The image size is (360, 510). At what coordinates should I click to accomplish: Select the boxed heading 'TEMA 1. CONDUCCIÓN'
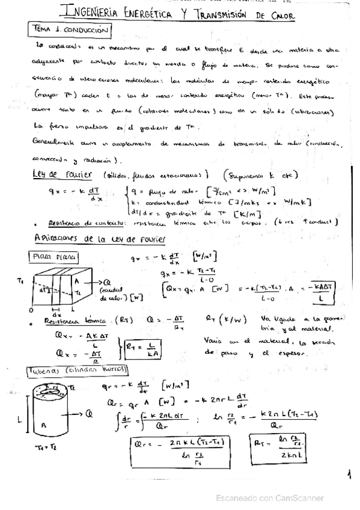point(70,28)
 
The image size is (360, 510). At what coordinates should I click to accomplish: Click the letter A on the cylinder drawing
point(44,425)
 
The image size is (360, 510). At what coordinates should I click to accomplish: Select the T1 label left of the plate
point(21,281)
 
